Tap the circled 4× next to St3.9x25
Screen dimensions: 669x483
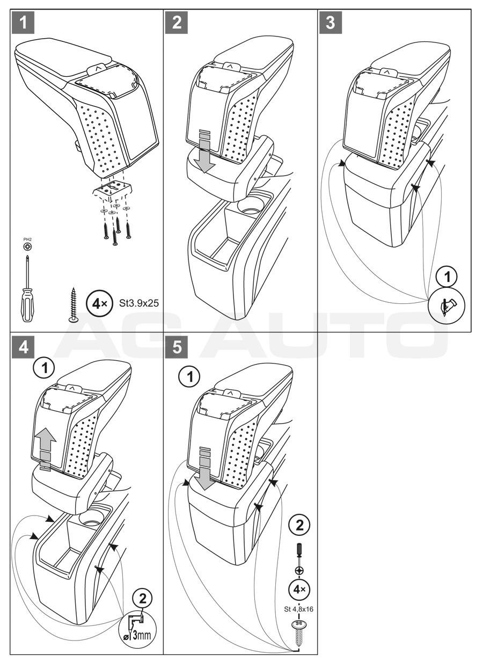[x=99, y=304]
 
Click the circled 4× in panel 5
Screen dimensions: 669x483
[x=299, y=589]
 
